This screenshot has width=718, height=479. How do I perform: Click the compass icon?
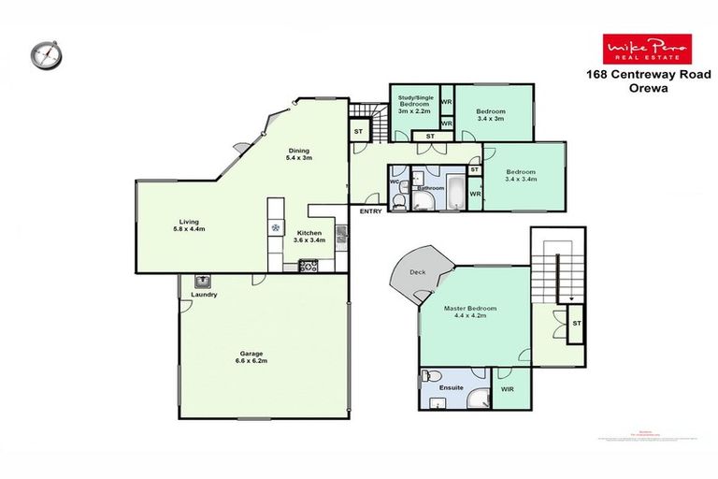[44, 54]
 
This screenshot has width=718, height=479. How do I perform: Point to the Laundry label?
[204, 296]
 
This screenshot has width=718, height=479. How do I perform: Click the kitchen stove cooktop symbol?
[309, 267]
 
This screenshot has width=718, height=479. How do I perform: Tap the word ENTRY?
[370, 211]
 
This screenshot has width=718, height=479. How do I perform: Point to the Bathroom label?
[430, 188]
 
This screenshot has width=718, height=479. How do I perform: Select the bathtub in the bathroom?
[455, 190]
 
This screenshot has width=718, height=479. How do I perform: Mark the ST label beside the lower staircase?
[577, 324]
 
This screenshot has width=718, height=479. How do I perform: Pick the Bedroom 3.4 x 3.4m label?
[520, 177]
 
